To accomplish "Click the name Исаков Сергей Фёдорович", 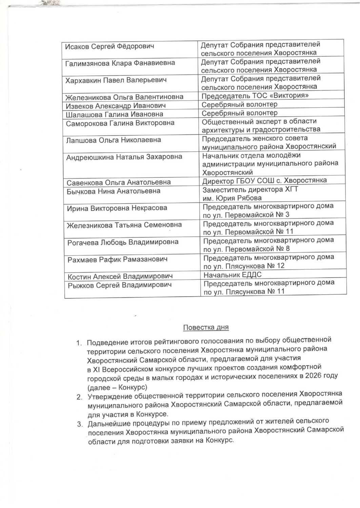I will point(109,46).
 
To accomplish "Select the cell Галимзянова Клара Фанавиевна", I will point(120,63).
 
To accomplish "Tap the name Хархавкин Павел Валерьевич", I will point(116,80).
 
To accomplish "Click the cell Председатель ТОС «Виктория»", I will point(255,96).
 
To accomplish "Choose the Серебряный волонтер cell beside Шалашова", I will point(240,113).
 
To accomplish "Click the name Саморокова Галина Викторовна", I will point(120,123).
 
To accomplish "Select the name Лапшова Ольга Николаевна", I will point(114,140).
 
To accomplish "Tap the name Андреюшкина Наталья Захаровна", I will point(124,157).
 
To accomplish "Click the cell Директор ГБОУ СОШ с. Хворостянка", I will point(264,181).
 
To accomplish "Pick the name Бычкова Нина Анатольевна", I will point(114,191).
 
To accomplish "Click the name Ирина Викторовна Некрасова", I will point(117,208).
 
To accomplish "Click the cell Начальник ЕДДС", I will point(233,275).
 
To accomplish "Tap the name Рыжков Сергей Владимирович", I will point(119,285).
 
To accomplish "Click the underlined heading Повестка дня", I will point(206,327).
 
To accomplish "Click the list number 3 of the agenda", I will point(80,424).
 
